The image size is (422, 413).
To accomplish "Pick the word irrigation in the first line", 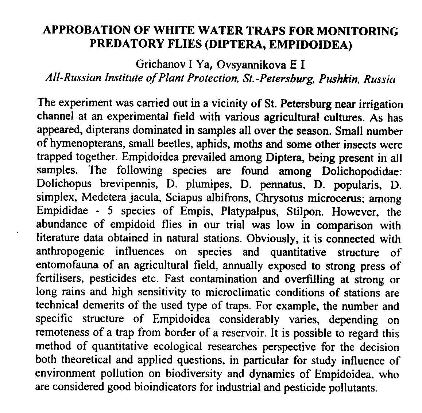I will pos(382,105).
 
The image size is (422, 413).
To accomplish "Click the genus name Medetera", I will pos(102,198).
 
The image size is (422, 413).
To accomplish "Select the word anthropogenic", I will pos(70,252).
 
